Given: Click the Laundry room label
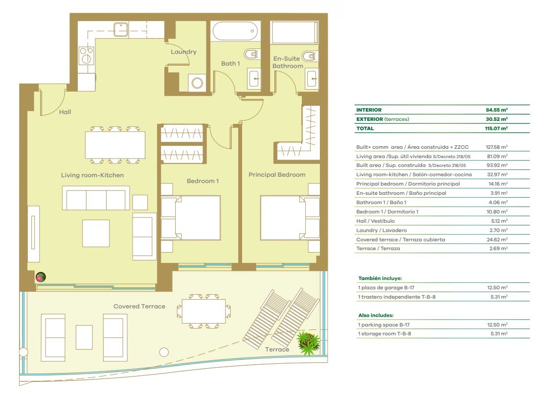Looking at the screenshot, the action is pos(183,52).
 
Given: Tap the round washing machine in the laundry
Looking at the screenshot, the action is pos(197,83).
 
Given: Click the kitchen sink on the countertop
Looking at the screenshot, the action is pos(121,30).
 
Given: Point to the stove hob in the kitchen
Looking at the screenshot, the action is pos(86,55).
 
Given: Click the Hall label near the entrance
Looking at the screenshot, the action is pos(65,112).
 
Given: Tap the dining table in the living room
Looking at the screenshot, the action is pos(115,145).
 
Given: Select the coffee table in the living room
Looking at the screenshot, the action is pos(96,234).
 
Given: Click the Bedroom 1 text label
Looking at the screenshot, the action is pos(202,181).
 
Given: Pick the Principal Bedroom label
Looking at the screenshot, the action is pos(277,175).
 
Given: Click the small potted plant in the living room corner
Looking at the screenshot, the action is pos(41,277).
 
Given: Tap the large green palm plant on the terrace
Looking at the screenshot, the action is pos(308,343).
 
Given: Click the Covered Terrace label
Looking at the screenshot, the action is pos(139,306).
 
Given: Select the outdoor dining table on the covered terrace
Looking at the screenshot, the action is pos(203,311).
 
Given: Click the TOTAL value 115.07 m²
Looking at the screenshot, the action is pos(496,128).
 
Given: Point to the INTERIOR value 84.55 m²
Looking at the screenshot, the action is pos(496,110).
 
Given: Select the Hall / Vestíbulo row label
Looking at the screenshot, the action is pos(375,221).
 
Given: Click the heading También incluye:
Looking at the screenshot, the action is pos(380,278).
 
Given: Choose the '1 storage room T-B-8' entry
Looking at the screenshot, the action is pos(384,333).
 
